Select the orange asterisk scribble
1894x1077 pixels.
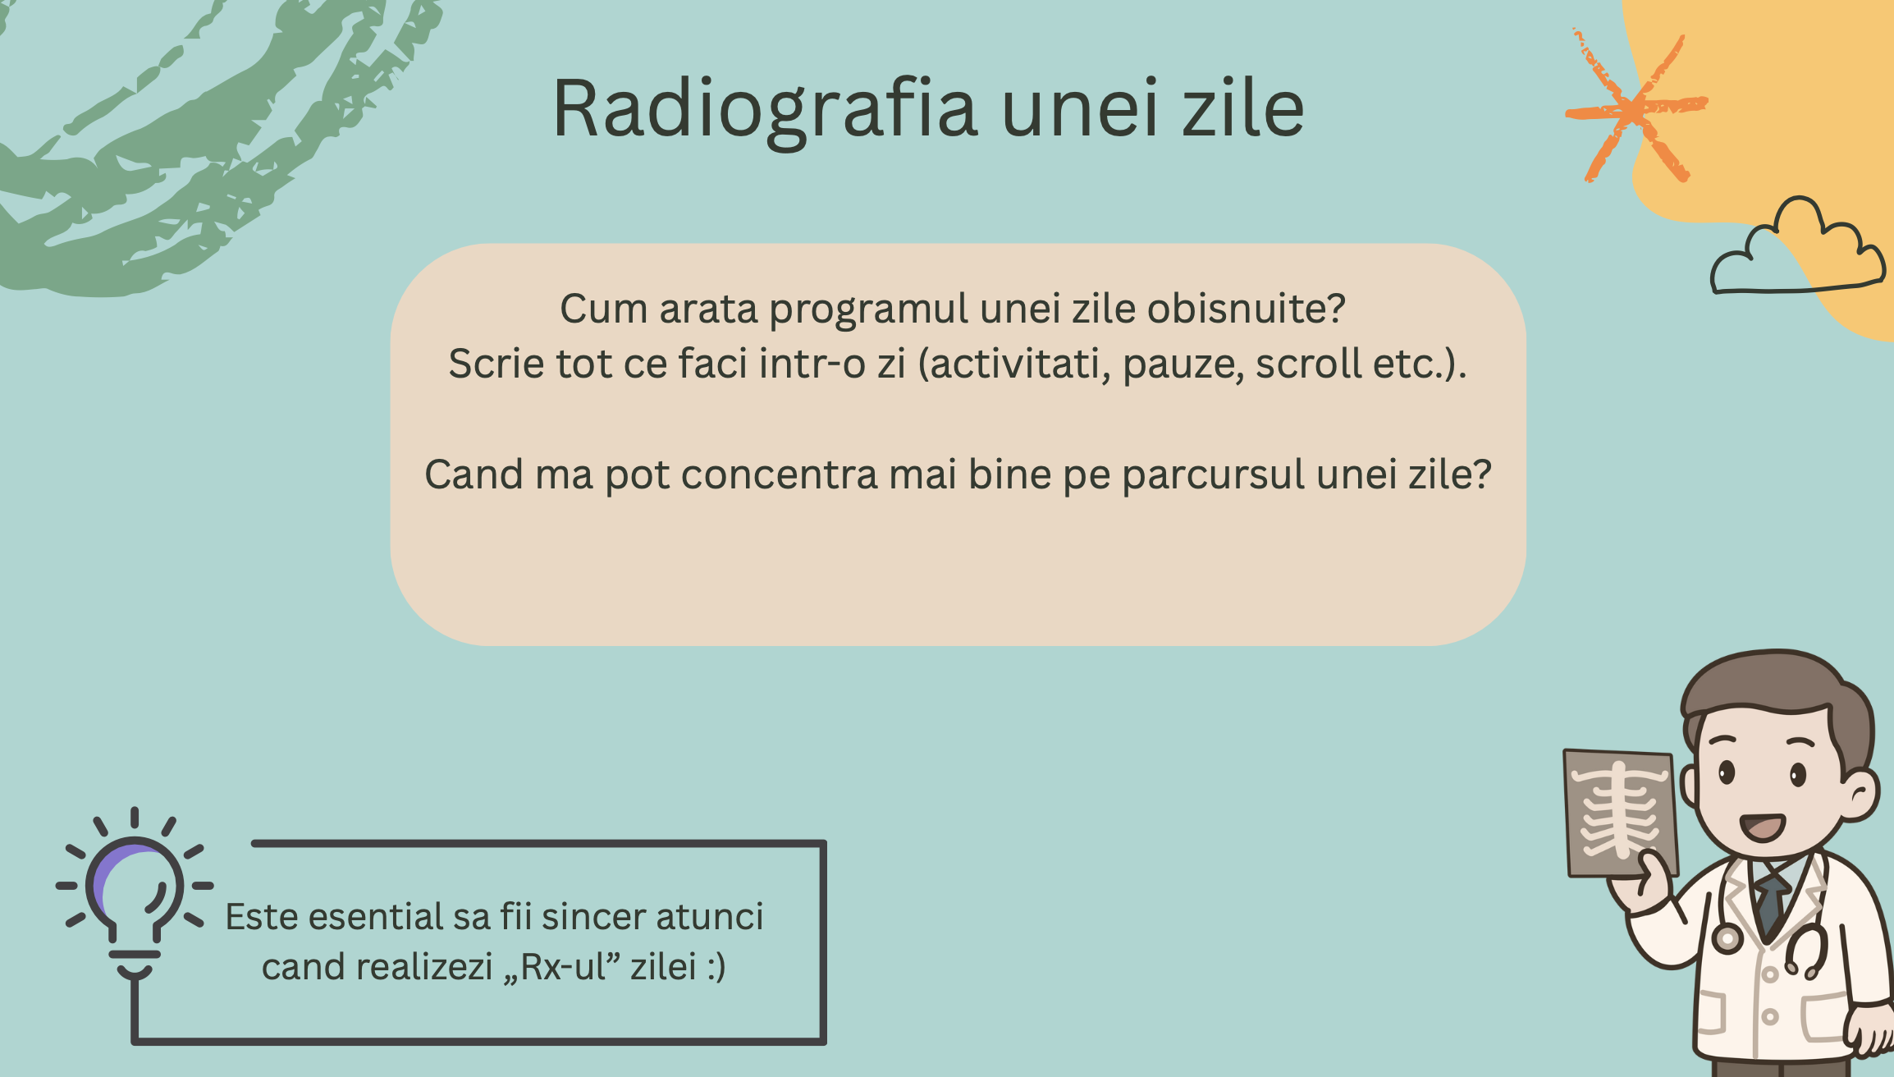pyautogui.click(x=1636, y=106)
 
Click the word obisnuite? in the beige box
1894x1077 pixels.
pyautogui.click(x=1247, y=309)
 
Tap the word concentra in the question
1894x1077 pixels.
pyautogui.click(x=780, y=474)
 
